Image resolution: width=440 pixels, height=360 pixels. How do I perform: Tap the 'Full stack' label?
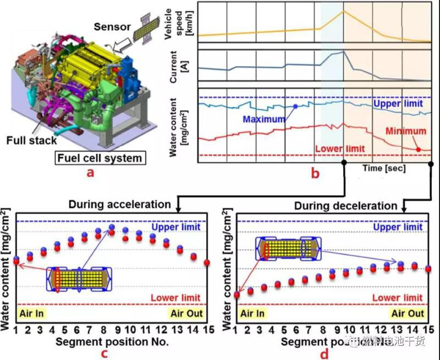pos(32,140)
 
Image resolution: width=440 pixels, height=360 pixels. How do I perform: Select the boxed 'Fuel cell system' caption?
pos(99,158)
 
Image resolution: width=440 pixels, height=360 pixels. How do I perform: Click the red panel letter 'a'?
pos(91,173)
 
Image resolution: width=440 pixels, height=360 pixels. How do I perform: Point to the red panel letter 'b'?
pos(315,174)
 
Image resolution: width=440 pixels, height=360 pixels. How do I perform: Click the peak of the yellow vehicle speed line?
pos(343,11)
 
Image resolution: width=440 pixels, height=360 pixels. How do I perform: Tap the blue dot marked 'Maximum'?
pos(295,106)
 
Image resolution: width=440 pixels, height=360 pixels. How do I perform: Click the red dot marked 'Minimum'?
pos(418,148)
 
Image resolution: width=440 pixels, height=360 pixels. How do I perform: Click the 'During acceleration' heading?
pos(119,204)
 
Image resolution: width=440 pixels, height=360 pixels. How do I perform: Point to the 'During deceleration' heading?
pos(345,206)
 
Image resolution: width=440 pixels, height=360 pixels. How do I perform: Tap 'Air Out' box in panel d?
pos(408,313)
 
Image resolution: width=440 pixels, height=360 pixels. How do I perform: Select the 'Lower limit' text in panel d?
pos(397,298)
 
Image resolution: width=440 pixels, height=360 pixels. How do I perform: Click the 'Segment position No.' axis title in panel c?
pos(113,341)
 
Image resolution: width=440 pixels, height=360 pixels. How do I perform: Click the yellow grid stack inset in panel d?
pos(288,248)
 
